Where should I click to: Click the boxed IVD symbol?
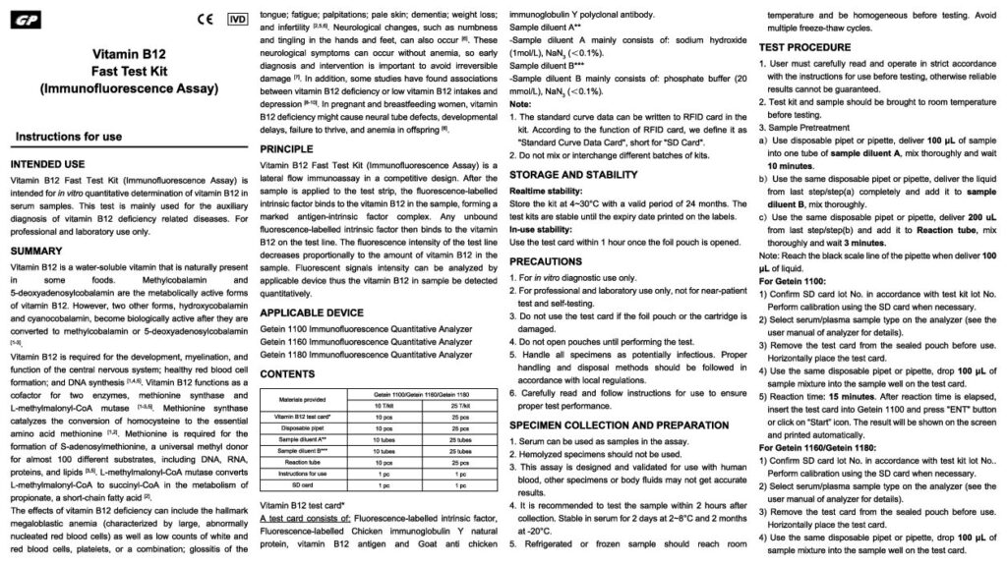[237, 18]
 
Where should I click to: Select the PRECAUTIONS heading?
[550, 260]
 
